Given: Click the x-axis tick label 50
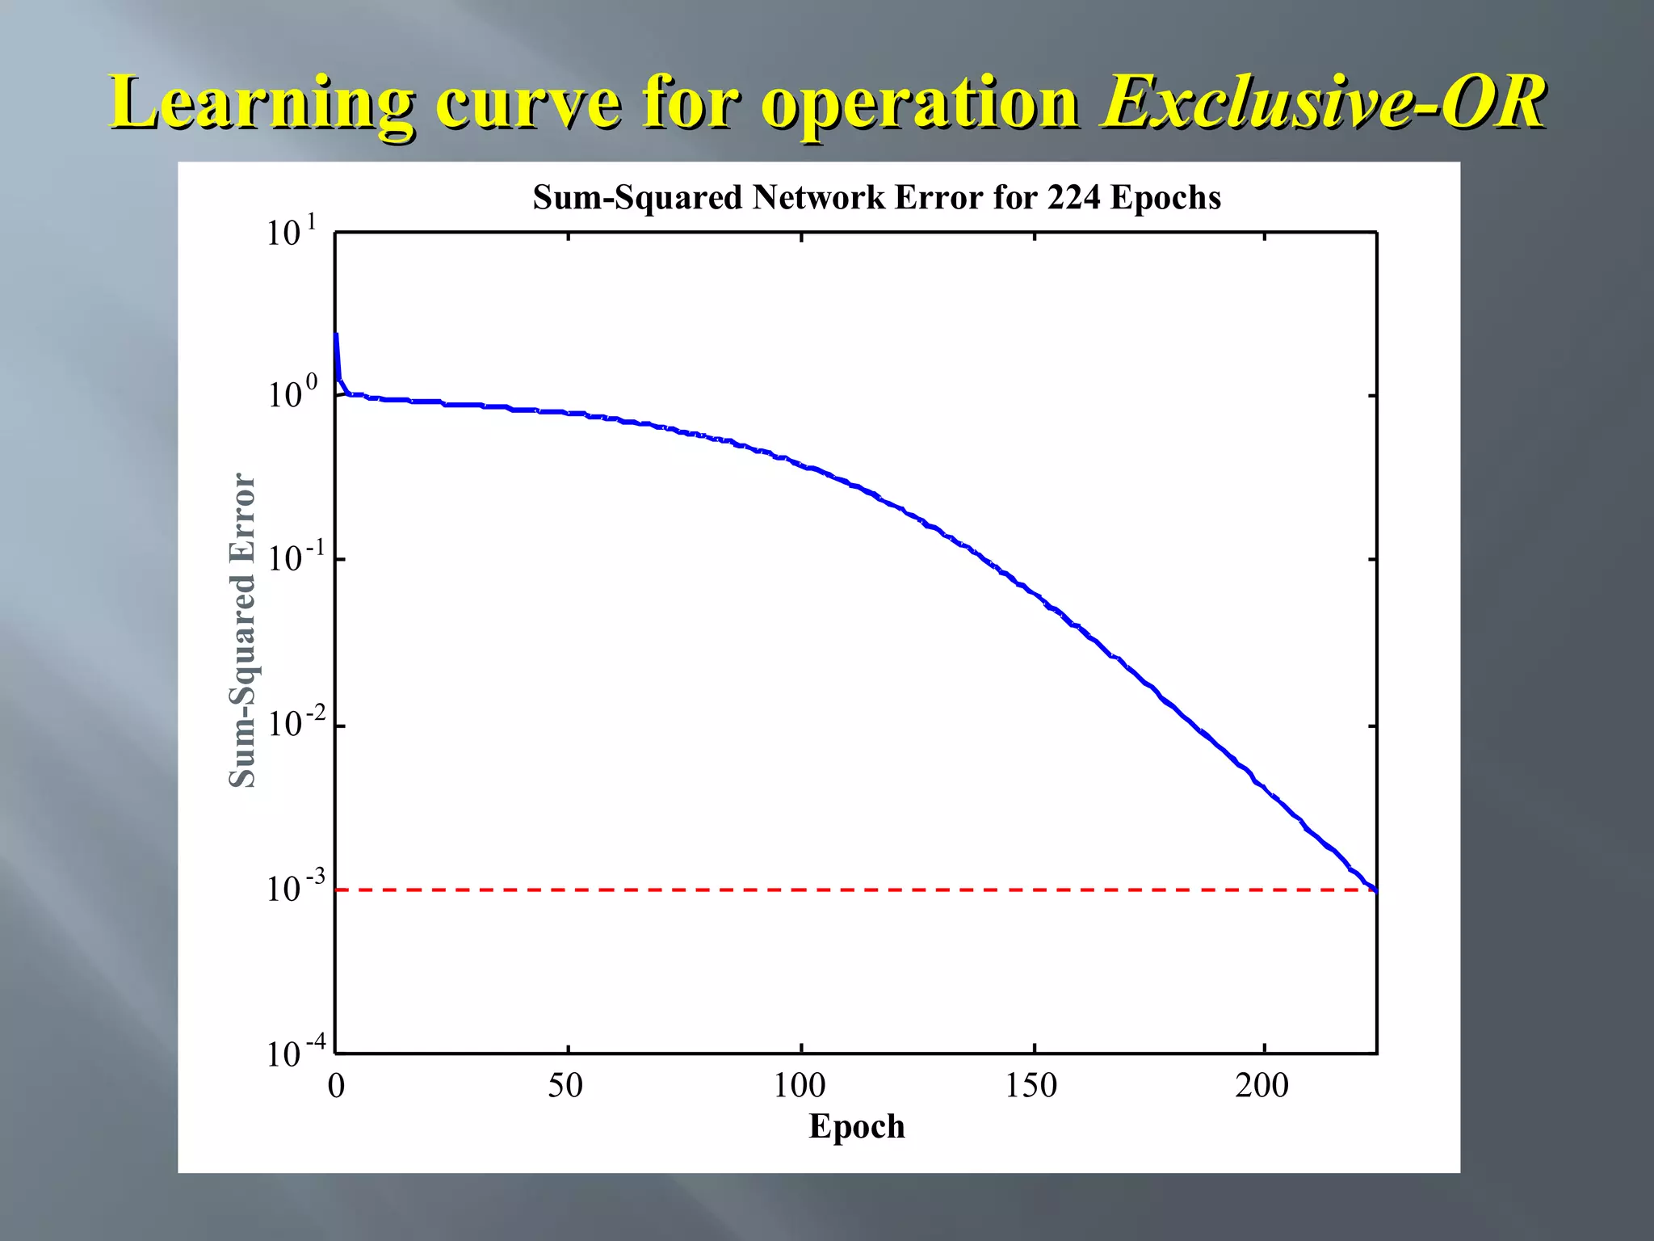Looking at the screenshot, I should [x=565, y=1086].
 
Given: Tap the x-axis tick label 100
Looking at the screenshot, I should [x=800, y=1086].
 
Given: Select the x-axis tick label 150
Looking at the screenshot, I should [x=1031, y=1086].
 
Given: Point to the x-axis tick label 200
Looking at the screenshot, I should [x=1262, y=1086].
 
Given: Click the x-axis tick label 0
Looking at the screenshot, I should [x=336, y=1086].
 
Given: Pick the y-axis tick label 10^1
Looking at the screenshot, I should [x=292, y=232].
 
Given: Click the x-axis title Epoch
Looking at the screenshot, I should [x=857, y=1126].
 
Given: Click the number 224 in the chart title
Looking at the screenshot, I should [x=1073, y=198].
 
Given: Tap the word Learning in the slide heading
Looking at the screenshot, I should [x=262, y=103].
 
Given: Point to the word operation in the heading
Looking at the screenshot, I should [x=920, y=103].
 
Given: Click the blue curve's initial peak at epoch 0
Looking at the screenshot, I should [x=336, y=334].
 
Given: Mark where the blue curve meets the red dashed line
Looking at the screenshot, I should [x=1375, y=890].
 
